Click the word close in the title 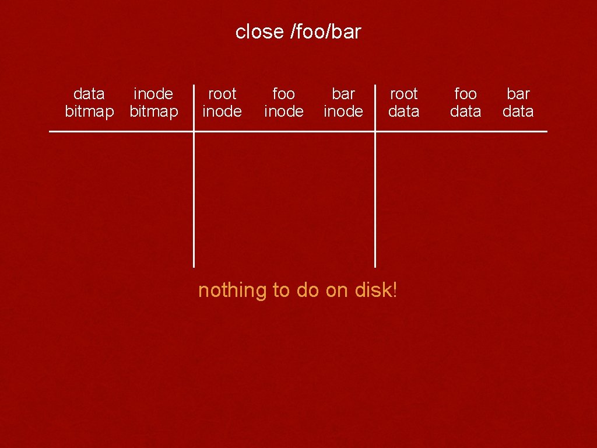(x=259, y=32)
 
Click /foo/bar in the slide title (x=325, y=32)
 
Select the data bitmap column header (x=89, y=103)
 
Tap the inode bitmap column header (x=153, y=103)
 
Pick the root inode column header (x=222, y=103)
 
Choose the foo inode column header (x=284, y=103)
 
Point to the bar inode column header (x=343, y=103)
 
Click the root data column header (x=404, y=103)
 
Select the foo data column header (x=465, y=103)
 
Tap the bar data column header (x=518, y=103)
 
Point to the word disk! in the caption (x=377, y=290)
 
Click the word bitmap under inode (x=154, y=111)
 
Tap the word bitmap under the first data (x=89, y=111)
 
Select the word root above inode (x=222, y=94)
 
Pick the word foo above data (x=465, y=94)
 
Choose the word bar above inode (x=343, y=94)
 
